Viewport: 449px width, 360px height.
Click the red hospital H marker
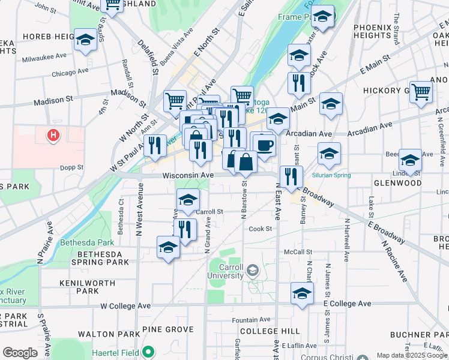pos(53,135)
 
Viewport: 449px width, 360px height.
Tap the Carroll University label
pos(225,271)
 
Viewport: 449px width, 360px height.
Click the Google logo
pos(20,353)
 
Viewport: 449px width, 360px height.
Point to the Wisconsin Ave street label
pos(188,175)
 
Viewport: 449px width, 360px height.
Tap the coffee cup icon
pos(264,144)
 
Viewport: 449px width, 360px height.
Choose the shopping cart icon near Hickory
pos(421,91)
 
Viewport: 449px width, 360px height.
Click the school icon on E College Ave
pos(303,293)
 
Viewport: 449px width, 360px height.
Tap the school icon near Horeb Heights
pos(85,40)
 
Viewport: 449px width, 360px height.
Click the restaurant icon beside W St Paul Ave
pos(155,145)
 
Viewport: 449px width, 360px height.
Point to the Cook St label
pos(261,229)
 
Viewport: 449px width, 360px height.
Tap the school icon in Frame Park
pos(322,18)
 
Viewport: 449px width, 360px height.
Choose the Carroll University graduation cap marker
pos(253,271)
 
